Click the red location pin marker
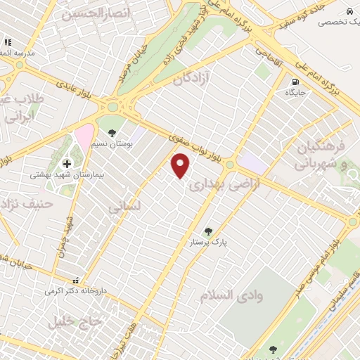[x=181, y=167]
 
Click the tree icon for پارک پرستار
[x=207, y=231]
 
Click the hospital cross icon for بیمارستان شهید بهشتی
[x=66, y=163]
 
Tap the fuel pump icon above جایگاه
[x=290, y=80]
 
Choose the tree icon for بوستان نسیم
[x=112, y=131]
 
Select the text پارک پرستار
[x=210, y=241]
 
